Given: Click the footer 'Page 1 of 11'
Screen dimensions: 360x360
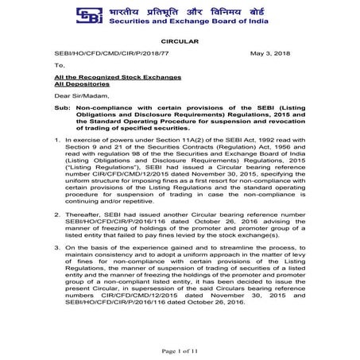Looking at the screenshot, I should (180, 349).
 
